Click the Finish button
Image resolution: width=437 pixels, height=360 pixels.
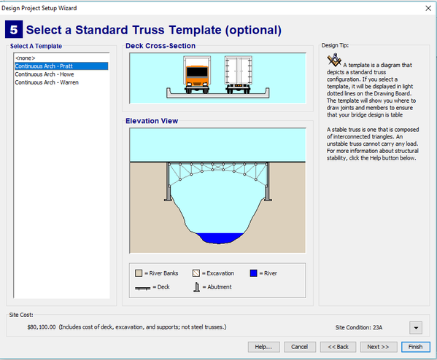[x=416, y=347]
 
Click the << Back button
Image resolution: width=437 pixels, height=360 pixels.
[x=338, y=347]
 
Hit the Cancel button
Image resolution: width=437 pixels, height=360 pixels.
[x=300, y=347]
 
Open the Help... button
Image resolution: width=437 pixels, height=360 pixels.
[x=263, y=347]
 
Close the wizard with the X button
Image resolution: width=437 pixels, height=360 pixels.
[x=428, y=8]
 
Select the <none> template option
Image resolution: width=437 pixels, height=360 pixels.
[x=26, y=58]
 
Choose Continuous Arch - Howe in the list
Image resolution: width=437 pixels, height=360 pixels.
[x=45, y=74]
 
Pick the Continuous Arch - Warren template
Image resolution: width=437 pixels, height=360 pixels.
[x=47, y=82]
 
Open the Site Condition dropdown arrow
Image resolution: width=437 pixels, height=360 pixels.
[x=416, y=327]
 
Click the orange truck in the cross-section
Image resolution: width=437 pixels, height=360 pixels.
[x=197, y=74]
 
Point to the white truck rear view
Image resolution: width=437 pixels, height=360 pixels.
[x=239, y=74]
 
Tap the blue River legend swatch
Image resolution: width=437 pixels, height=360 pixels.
[x=253, y=273]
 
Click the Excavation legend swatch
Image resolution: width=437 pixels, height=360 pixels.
[x=196, y=273]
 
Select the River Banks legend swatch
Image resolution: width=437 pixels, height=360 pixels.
[x=139, y=273]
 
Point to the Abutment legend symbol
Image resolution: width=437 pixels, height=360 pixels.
[x=197, y=287]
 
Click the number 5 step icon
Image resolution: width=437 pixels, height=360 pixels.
[x=14, y=29]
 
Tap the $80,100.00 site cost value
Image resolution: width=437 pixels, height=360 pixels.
[x=42, y=327]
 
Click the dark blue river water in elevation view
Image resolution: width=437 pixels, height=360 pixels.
[x=220, y=238]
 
